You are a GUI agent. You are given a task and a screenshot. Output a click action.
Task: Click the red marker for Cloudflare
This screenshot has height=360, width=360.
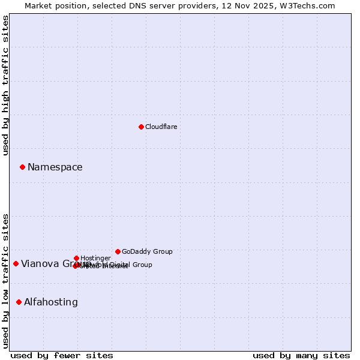[x=141, y=127]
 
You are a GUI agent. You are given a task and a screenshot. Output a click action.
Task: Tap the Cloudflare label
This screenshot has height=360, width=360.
[x=161, y=127]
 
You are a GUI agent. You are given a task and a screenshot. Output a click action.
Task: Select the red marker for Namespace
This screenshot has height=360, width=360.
[x=22, y=167]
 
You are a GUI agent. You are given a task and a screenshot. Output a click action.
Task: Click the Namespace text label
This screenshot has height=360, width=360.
[x=55, y=167]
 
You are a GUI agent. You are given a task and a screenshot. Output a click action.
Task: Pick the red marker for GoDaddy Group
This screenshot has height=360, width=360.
[x=118, y=251]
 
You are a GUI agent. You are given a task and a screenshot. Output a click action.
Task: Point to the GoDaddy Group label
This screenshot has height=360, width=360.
[x=147, y=251]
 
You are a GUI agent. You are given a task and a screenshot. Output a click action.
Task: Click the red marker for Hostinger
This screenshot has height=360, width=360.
[x=76, y=258]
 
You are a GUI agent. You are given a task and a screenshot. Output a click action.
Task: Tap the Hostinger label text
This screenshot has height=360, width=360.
[x=95, y=258]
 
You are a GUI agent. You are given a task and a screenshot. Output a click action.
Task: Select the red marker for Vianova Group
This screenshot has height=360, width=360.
[x=16, y=263]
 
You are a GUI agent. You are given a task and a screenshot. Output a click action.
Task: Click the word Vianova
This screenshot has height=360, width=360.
[x=40, y=264]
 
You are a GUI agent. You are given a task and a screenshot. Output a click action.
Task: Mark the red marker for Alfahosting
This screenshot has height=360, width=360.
[x=19, y=302]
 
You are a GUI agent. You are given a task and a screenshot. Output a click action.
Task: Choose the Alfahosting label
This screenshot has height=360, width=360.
[x=50, y=302]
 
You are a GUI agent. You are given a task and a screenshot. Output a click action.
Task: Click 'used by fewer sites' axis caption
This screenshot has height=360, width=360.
[x=62, y=355]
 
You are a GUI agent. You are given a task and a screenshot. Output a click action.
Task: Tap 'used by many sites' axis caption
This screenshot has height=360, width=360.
[x=301, y=355]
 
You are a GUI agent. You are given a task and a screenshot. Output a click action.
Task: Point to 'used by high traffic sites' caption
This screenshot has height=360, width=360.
[x=5, y=85]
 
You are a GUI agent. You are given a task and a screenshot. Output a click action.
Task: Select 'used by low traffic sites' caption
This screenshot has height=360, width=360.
[x=5, y=280]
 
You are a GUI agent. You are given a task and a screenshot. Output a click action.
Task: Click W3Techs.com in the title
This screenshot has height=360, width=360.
[x=310, y=5]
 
